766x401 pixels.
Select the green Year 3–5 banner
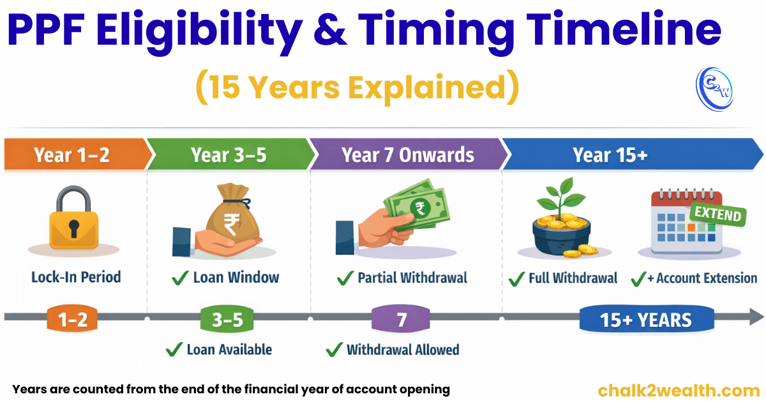(x=229, y=155)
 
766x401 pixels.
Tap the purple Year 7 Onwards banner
(x=407, y=155)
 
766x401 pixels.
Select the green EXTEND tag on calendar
(x=718, y=214)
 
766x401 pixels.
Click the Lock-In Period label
(x=75, y=277)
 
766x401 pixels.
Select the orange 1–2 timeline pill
(x=72, y=319)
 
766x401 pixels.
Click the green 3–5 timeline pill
(x=227, y=319)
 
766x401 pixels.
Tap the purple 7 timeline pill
(x=402, y=319)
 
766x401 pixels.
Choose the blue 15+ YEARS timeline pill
(x=645, y=319)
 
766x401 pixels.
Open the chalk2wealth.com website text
(x=679, y=390)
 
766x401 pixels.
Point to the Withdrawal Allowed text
(x=402, y=349)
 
